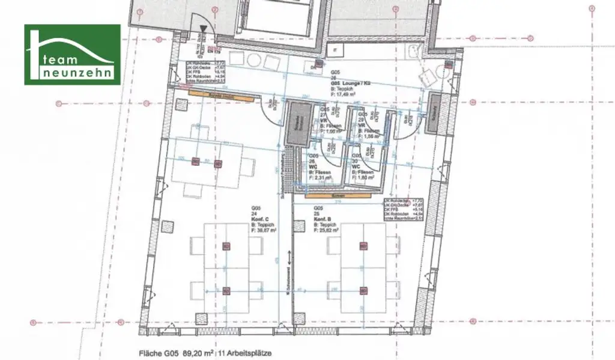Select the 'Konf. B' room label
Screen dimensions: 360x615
(324, 221)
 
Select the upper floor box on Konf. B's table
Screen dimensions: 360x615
(362, 245)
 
